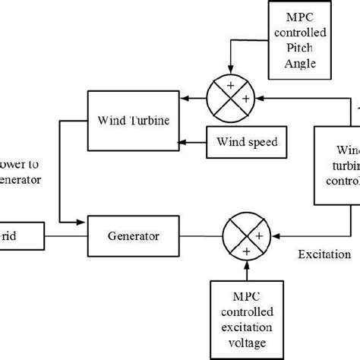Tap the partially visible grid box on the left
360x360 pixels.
(x=21, y=236)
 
